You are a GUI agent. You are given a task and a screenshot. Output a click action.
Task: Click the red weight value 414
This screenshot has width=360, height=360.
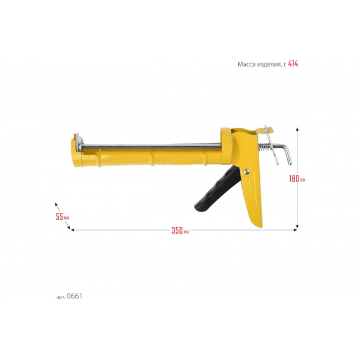pos(293,63)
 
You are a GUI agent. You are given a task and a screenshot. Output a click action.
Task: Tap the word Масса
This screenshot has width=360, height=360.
pos(246,64)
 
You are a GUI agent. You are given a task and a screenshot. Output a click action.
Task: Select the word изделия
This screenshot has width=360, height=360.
pos(269,64)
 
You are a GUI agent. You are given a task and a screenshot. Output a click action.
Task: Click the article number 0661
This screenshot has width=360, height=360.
pos(74,296)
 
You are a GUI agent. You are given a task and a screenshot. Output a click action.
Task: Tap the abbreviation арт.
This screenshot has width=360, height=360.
pos(60,297)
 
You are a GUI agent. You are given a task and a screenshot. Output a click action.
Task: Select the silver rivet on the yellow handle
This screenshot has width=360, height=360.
pos(246,171)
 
